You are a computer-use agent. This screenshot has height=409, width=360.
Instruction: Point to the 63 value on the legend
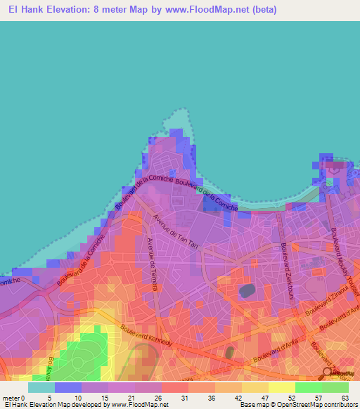(345, 398)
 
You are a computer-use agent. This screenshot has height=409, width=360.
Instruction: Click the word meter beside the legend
(11, 398)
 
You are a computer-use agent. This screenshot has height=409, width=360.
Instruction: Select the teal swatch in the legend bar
(41, 387)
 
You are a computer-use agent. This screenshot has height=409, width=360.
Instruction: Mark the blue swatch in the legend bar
(67, 387)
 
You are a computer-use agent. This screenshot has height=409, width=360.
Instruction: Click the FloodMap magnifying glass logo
(327, 372)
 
